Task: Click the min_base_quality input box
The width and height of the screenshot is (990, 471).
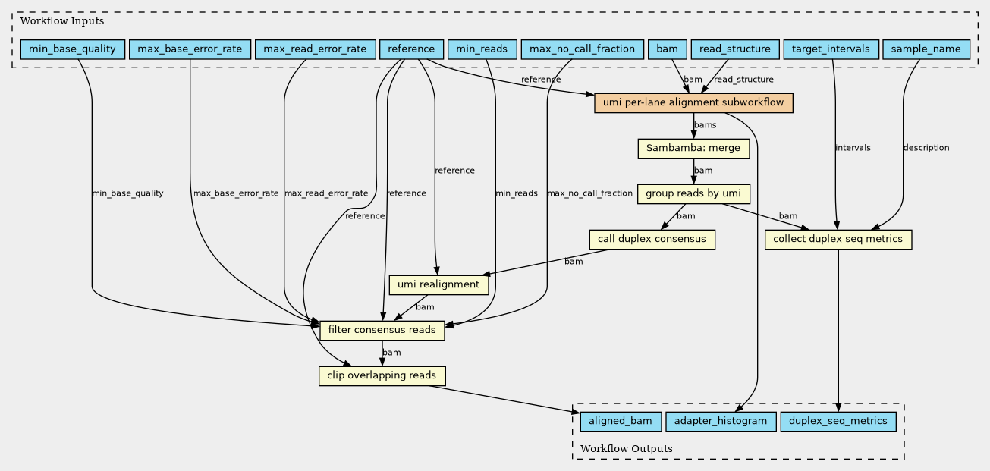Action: point(73,49)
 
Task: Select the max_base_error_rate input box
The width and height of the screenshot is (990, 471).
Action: point(190,49)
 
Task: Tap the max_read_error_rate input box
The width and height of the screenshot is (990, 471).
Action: point(315,49)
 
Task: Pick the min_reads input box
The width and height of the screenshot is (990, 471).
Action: point(482,49)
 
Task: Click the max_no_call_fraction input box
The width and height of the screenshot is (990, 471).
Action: point(582,49)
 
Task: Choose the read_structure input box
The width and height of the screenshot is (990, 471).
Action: point(735,49)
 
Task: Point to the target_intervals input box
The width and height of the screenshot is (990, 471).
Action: point(831,49)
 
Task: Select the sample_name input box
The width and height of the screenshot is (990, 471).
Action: point(926,49)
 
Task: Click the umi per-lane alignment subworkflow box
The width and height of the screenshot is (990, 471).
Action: point(693,103)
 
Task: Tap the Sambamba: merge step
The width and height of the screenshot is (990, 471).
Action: point(693,149)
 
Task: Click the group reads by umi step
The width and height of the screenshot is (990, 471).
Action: point(693,194)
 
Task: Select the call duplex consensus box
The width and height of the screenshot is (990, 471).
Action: point(652,240)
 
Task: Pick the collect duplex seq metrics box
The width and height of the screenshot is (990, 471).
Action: point(838,240)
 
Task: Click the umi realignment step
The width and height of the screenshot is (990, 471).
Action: point(438,285)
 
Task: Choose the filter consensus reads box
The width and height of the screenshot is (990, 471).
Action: point(382,331)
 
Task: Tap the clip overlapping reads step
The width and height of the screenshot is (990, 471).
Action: point(382,376)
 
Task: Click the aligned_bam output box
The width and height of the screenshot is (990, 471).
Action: point(621,422)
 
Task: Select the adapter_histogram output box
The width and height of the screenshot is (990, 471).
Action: point(721,422)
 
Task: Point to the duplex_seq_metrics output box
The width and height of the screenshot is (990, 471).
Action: point(838,422)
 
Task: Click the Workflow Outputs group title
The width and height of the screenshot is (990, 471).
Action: point(627,449)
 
